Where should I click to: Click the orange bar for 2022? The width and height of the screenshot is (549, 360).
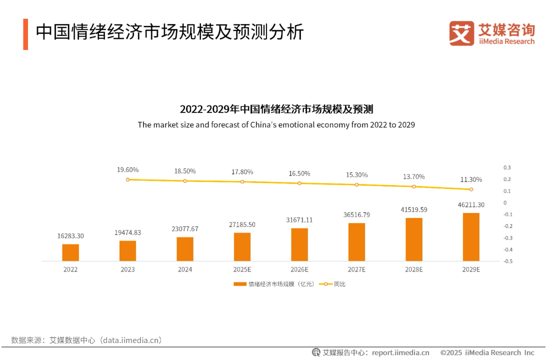click(70, 252)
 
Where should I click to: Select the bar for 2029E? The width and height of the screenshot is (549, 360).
click(471, 237)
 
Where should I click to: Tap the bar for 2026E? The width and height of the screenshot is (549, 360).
click(299, 244)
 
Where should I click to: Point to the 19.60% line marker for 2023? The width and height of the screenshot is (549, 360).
click(128, 179)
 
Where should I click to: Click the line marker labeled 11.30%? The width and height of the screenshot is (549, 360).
click(471, 189)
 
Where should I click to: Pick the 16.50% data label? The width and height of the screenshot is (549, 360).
click(299, 173)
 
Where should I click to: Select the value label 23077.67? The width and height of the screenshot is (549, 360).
click(185, 229)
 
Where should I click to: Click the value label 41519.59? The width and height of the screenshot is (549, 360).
click(413, 209)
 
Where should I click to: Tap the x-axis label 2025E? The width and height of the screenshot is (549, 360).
click(242, 269)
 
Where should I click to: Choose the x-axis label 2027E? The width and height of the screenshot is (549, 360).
click(356, 269)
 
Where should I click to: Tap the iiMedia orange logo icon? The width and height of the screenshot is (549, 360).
click(461, 33)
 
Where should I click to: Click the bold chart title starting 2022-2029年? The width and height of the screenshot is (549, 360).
click(276, 109)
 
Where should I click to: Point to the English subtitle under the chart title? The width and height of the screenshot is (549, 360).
click(276, 124)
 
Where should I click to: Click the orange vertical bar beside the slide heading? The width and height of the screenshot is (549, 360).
click(25, 34)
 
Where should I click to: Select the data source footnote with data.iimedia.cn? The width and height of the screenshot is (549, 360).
click(86, 340)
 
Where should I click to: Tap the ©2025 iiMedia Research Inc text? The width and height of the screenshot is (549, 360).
click(487, 352)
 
